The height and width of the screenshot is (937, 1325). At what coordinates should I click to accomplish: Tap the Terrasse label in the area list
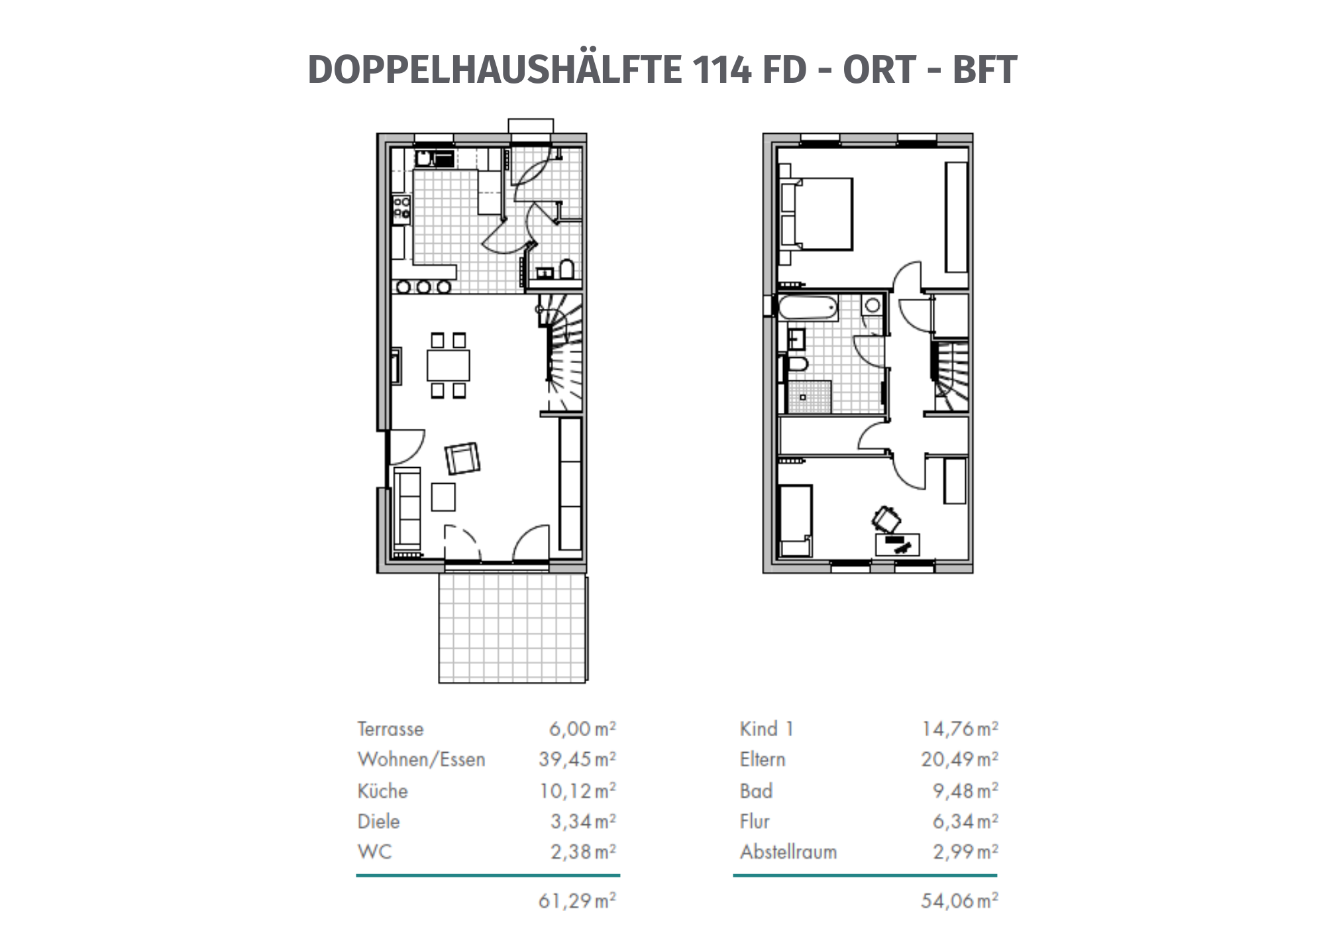point(390,729)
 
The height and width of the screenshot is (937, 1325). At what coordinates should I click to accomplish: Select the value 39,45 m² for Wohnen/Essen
point(577,759)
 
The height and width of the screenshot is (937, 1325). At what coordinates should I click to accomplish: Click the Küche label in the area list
point(382,791)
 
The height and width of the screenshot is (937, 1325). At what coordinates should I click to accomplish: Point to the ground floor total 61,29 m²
point(577,901)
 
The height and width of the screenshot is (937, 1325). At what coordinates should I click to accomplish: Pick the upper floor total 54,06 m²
point(959,901)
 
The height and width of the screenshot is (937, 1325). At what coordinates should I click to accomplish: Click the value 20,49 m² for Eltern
point(959,759)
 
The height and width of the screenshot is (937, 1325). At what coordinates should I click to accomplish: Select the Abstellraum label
point(788,852)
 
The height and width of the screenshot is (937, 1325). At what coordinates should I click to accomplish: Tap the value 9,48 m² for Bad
point(965,791)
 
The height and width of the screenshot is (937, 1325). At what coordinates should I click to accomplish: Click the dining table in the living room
point(449,365)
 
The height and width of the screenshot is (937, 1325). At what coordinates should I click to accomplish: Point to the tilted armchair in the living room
point(462,459)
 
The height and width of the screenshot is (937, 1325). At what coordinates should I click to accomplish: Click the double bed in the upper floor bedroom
point(818,213)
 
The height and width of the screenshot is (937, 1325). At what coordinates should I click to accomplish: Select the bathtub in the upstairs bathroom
point(808,308)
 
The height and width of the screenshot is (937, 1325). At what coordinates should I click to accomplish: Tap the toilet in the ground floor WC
point(566,270)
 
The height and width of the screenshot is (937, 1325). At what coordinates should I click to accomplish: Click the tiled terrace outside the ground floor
point(512,628)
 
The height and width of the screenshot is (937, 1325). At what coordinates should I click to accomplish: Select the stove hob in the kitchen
point(401,207)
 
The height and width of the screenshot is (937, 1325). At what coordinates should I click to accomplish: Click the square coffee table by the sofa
point(443,497)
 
